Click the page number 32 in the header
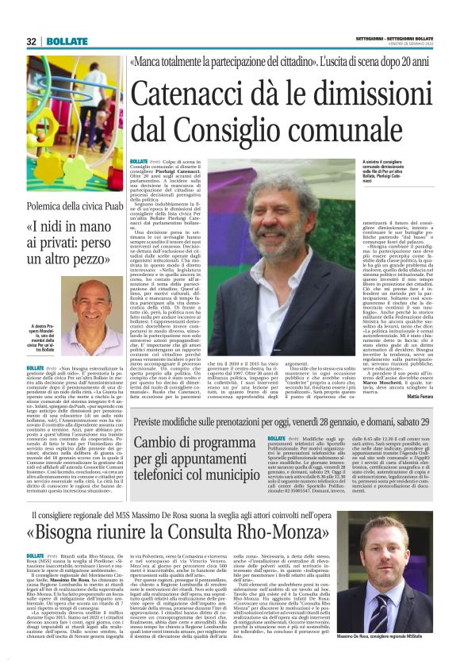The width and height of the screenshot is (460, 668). tap(31, 41)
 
